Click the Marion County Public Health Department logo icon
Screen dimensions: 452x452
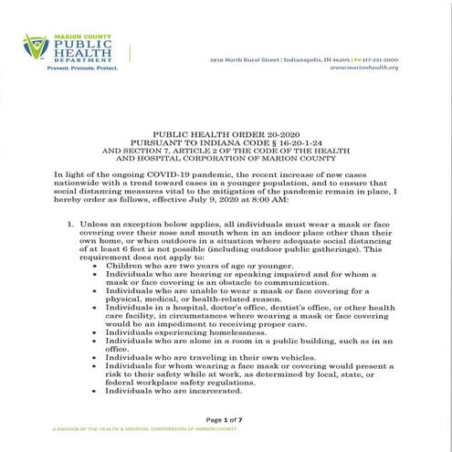(36, 46)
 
